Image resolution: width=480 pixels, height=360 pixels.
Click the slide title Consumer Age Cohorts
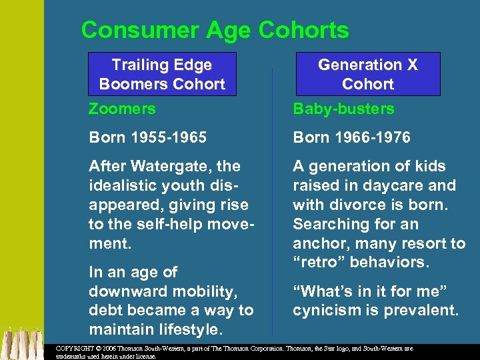click(x=215, y=30)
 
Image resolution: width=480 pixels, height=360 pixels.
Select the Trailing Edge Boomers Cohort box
click(x=162, y=74)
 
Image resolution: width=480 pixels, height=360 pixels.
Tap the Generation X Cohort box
click(x=367, y=74)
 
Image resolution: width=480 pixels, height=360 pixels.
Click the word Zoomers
click(x=122, y=109)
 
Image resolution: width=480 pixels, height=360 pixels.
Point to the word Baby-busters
click(x=343, y=109)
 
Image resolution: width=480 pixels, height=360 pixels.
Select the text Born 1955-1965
click(x=147, y=138)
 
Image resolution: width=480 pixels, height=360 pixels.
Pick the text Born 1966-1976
click(x=351, y=138)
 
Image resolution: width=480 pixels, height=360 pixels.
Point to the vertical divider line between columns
click(x=272, y=200)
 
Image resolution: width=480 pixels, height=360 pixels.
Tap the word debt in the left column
click(x=105, y=311)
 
